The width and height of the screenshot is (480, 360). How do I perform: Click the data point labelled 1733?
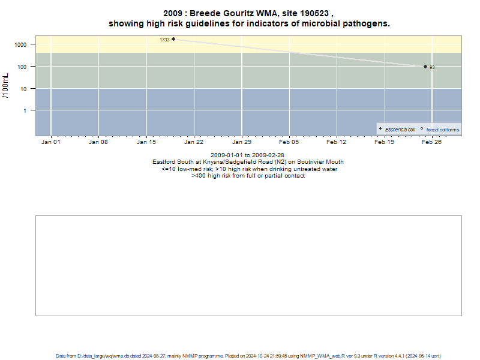[173, 39]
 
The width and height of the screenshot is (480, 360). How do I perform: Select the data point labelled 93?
[425, 67]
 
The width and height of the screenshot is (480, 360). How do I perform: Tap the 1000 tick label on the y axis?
[20, 44]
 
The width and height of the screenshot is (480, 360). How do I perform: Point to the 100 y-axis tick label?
[22, 67]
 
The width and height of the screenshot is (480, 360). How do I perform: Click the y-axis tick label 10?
[23, 89]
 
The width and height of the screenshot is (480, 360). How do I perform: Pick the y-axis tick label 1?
[25, 111]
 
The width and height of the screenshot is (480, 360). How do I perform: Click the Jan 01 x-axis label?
[51, 142]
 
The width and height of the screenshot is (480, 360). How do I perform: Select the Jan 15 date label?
[146, 142]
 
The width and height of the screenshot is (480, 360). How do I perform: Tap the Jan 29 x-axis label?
[242, 142]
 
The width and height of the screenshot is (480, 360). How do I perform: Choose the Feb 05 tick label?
[289, 142]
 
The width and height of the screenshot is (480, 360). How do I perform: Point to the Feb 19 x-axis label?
[384, 142]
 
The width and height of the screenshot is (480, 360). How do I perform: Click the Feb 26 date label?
[431, 142]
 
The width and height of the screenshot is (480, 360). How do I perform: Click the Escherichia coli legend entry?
[397, 130]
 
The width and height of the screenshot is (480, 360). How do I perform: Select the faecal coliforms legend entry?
[440, 130]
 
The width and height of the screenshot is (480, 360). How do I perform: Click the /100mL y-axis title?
[5, 86]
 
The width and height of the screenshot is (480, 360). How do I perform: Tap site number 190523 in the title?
[314, 13]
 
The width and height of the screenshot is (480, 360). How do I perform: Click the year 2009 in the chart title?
[173, 13]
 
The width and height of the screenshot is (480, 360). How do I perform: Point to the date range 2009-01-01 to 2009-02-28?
[247, 155]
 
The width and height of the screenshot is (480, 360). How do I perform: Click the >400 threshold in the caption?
[199, 176]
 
